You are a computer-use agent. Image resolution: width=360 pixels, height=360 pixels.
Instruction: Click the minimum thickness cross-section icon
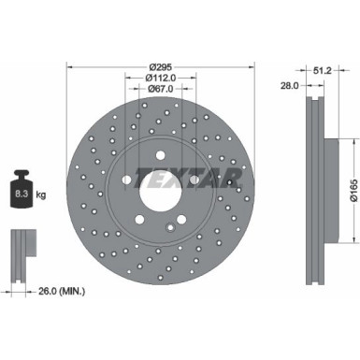pos(20,249)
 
